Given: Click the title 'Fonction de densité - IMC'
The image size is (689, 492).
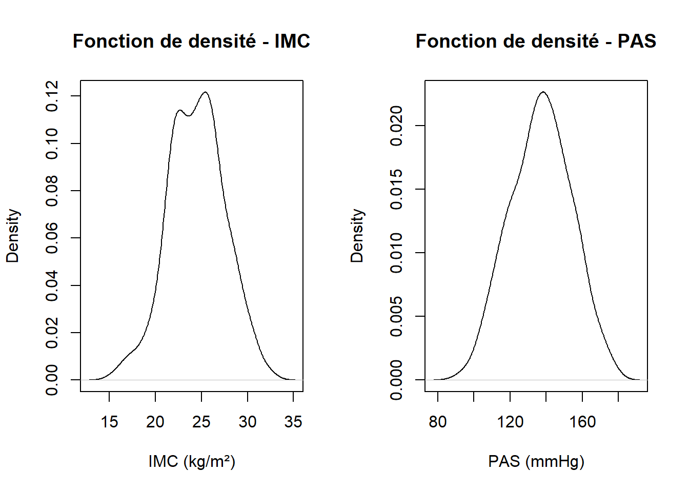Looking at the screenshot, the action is tap(191, 41).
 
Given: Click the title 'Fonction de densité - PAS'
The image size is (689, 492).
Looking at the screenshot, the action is tap(536, 41).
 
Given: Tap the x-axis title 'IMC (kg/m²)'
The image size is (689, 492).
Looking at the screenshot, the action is tap(192, 462).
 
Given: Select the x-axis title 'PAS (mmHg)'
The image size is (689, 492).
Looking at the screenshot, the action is tap(536, 462).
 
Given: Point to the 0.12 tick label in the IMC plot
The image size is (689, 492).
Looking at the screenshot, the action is tap(52, 96).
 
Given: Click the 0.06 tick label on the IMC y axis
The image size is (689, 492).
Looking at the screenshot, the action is tap(52, 238).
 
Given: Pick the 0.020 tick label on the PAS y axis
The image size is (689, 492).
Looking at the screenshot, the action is tap(396, 126).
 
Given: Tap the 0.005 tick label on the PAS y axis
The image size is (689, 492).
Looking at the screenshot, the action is tap(396, 316).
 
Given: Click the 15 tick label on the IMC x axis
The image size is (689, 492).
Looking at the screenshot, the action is tap(109, 422).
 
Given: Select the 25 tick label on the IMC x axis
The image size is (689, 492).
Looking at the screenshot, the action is tap(201, 422).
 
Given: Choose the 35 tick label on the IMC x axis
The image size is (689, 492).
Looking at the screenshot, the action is tap(293, 422).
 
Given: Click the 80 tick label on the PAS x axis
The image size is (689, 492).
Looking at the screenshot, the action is tap(438, 422).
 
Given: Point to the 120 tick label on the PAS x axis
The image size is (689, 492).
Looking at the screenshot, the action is tap(510, 422).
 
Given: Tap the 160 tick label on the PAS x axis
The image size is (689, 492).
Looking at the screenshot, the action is tap(582, 422).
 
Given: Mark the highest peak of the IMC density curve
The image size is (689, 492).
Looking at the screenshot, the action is tap(205, 92).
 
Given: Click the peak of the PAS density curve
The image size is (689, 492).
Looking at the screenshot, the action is tap(544, 92).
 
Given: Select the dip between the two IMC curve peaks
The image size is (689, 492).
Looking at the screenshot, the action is tap(189, 116).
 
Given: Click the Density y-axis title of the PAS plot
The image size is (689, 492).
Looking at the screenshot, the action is tap(357, 236).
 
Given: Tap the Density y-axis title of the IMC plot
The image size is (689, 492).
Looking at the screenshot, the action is tap(13, 236).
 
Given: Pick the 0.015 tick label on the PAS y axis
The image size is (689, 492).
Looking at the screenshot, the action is tap(396, 189).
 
